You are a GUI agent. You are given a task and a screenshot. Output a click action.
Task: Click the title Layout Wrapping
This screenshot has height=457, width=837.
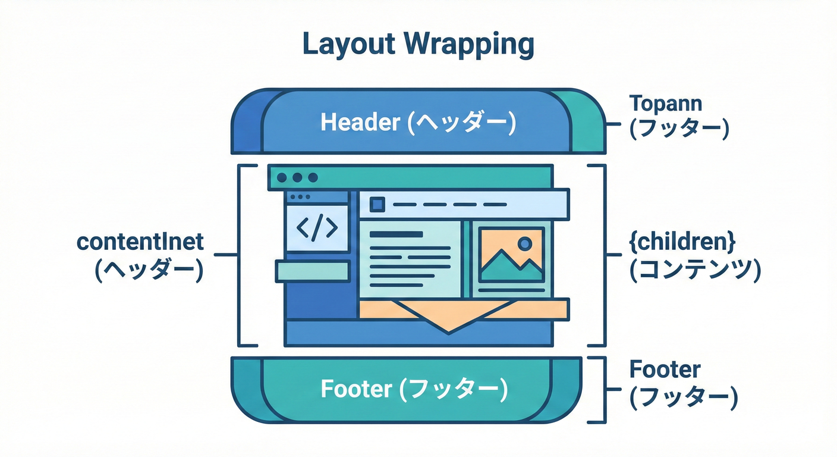pos(418,45)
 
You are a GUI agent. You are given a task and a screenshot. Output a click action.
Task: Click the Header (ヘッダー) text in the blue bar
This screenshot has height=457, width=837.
pos(418,123)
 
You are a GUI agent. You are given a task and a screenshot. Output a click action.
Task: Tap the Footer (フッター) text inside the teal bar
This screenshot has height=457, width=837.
pos(414,389)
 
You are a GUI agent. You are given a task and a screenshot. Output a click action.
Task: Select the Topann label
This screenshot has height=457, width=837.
pos(666,104)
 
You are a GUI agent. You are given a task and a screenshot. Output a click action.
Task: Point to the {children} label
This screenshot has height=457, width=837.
pos(682,242)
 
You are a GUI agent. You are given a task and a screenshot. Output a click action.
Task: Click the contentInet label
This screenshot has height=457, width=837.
pos(140,242)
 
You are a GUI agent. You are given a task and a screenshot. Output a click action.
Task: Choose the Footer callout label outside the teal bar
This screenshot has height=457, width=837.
pos(665,370)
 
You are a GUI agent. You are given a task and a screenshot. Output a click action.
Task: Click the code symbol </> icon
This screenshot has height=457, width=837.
pos(317,228)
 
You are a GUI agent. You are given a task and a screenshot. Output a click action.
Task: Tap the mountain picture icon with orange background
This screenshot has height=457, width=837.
pos(511,255)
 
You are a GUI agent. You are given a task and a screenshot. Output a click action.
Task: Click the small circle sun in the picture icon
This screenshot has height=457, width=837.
pos(524,243)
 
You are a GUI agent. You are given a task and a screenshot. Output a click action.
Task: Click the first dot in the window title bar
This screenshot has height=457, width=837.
pos(282,177)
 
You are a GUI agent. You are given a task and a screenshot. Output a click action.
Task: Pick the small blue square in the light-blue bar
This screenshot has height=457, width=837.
pos(377,205)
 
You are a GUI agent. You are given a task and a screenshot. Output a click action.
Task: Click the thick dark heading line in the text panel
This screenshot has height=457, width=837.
pos(396,234)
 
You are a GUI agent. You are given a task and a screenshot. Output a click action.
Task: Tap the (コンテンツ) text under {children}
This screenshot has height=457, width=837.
pos(694,271)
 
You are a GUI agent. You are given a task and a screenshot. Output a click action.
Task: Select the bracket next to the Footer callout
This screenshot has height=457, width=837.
pos(603,390)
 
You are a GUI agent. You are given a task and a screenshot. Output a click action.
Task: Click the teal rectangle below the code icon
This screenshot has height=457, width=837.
pos(311,271)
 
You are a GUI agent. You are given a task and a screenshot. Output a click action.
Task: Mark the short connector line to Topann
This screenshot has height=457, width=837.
pos(614,124)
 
